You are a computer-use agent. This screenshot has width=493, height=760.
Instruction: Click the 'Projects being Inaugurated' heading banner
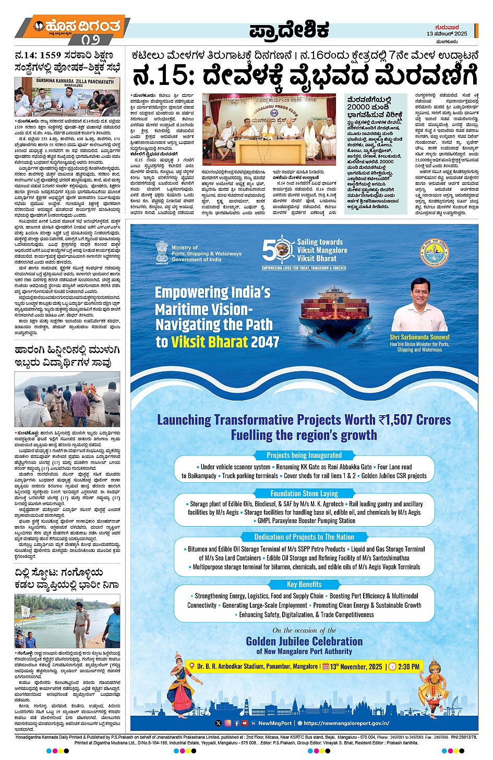click(304, 455)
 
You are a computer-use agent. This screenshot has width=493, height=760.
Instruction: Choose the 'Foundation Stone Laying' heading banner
click(304, 493)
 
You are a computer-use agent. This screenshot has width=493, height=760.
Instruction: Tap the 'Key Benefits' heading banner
click(304, 584)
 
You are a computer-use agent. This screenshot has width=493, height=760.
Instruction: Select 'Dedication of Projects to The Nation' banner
click(304, 537)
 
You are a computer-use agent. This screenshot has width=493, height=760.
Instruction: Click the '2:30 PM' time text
click(408, 667)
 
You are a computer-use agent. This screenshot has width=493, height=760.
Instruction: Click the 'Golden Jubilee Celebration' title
click(304, 641)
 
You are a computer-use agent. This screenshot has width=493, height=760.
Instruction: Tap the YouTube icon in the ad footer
click(245, 723)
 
